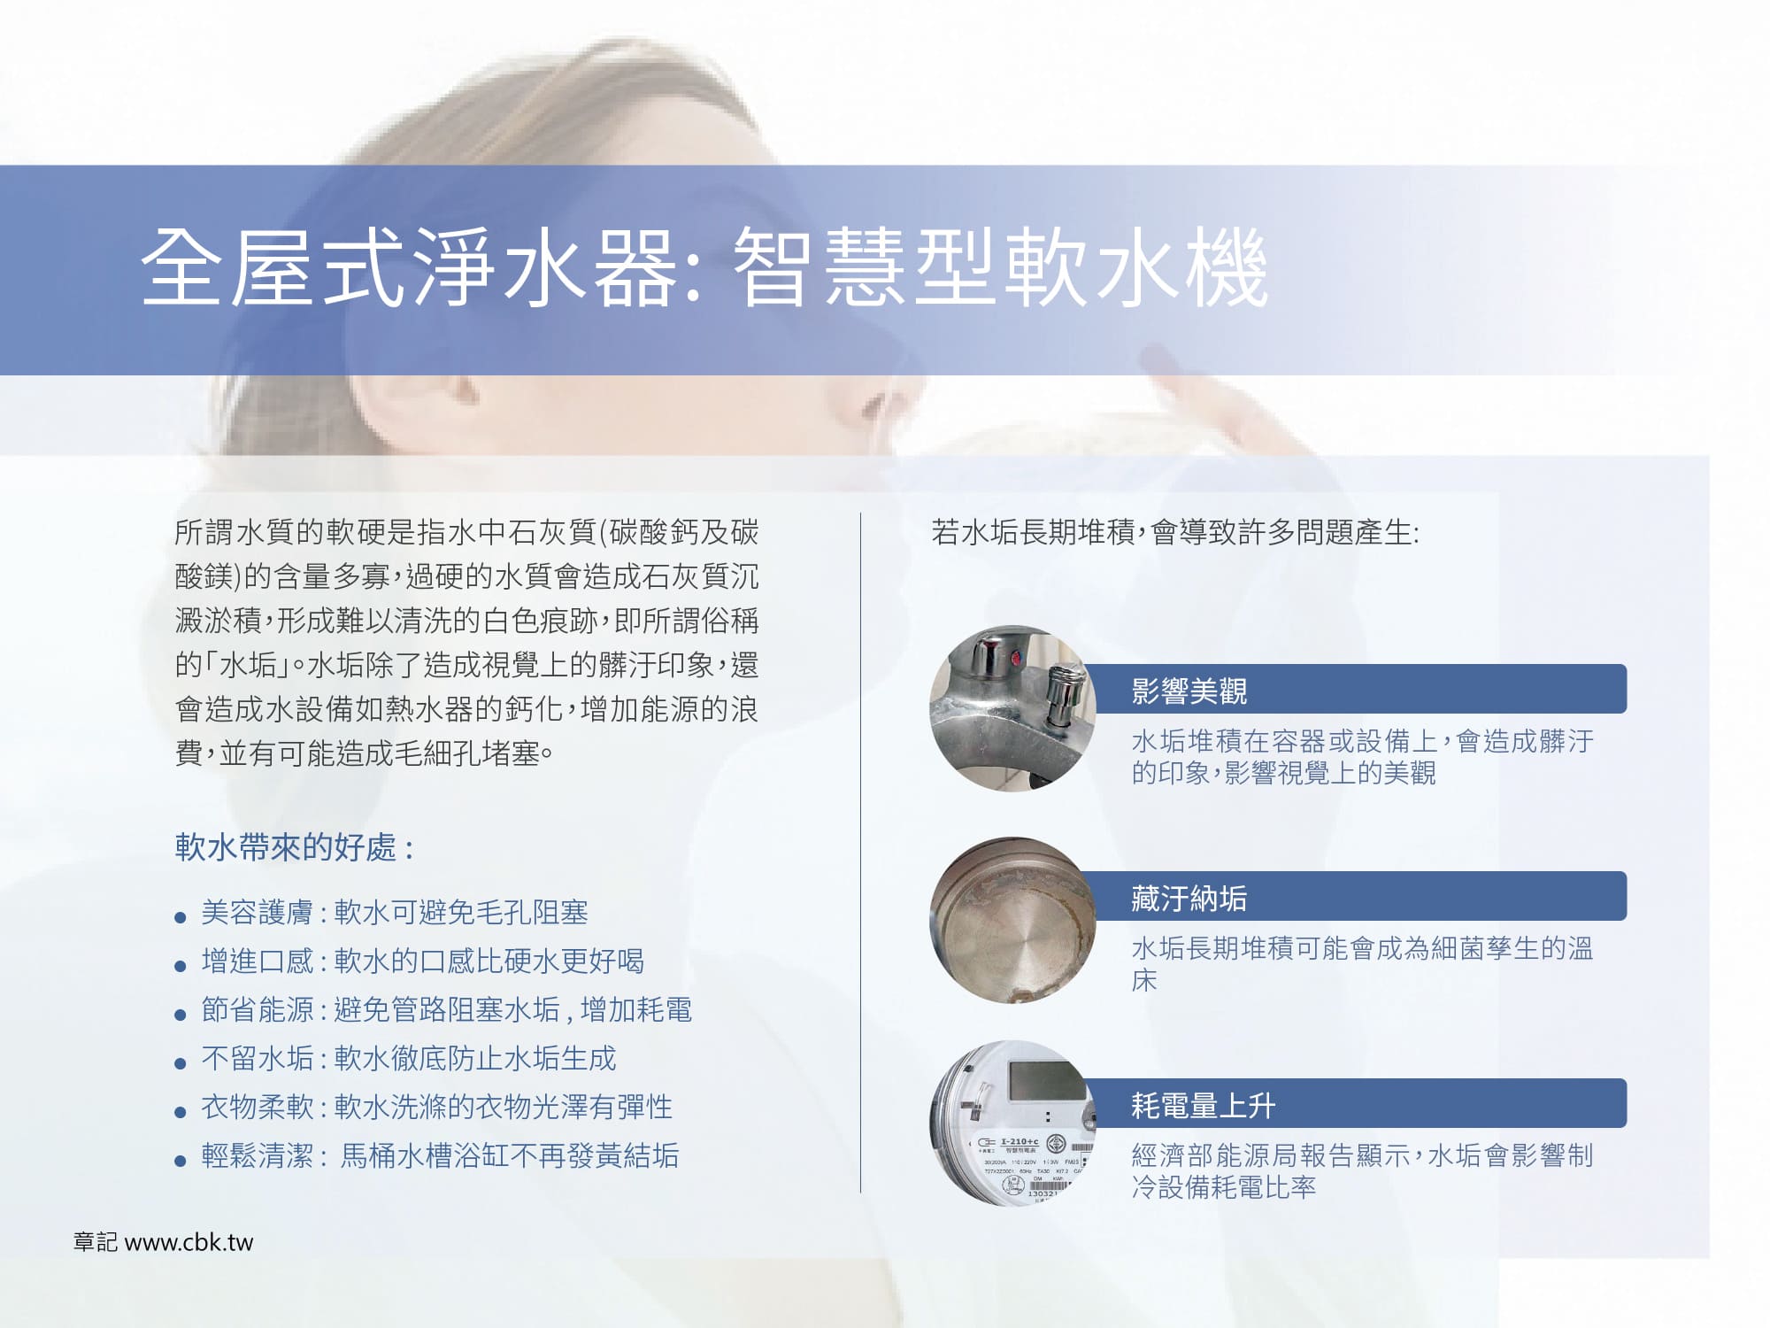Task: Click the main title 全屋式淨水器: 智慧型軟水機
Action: point(704,268)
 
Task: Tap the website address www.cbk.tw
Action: point(189,1242)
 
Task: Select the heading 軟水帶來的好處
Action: point(286,847)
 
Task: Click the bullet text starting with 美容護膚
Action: point(395,913)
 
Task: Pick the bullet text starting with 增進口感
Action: point(423,961)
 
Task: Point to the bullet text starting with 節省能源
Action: point(447,1010)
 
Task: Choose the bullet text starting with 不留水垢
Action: point(409,1059)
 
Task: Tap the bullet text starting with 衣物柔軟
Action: point(437,1108)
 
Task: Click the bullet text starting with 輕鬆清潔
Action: point(440,1156)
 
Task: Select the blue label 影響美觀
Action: point(1189,691)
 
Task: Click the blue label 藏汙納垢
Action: point(1189,898)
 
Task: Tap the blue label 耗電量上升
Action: point(1204,1105)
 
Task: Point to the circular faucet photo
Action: point(1012,708)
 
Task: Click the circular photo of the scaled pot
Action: point(1012,920)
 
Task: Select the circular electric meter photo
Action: point(1012,1123)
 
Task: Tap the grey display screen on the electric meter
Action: point(1047,1078)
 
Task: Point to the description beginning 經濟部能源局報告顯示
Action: point(1362,1170)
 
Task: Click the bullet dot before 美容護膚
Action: point(181,917)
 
